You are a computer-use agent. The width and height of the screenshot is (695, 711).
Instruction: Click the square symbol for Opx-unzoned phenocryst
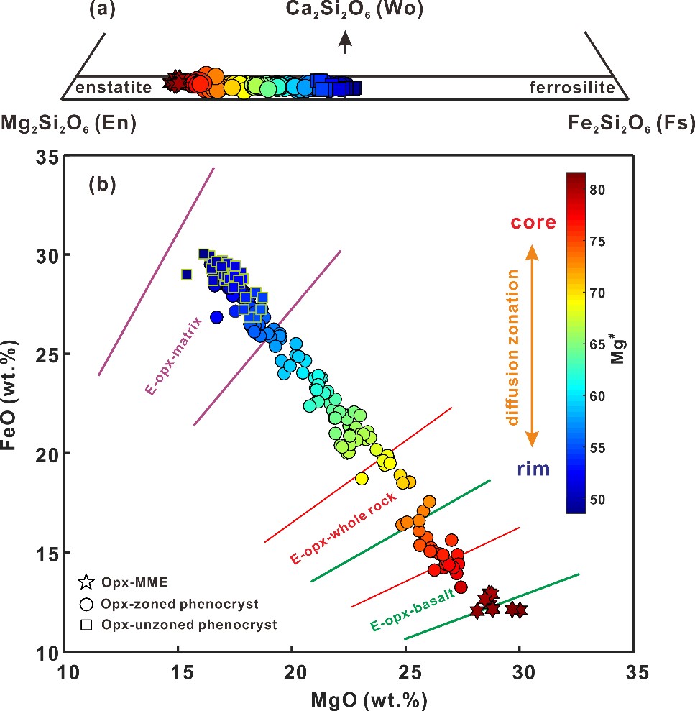[86, 625]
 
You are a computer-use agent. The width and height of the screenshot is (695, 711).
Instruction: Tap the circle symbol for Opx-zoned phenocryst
[86, 604]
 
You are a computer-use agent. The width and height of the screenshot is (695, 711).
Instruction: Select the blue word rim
[533, 470]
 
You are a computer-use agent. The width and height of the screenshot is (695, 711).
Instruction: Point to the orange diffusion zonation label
[512, 347]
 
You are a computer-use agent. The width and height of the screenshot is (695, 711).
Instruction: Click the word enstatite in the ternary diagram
[114, 88]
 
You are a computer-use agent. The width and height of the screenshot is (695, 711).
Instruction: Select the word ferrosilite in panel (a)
[572, 88]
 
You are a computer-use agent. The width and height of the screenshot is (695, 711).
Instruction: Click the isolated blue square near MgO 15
[187, 274]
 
